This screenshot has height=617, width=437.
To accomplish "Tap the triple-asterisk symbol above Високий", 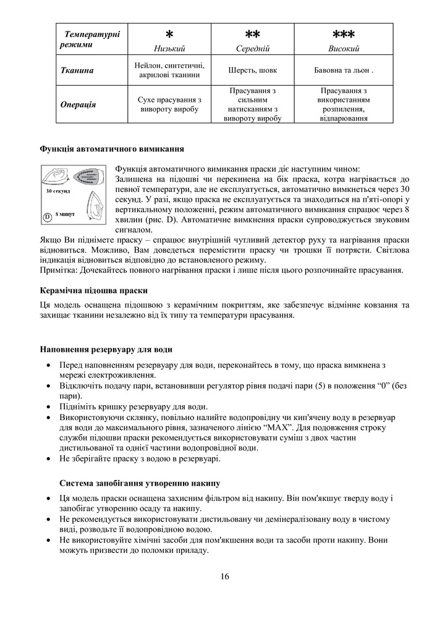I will (344, 35).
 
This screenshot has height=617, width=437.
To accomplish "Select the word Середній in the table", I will (253, 48).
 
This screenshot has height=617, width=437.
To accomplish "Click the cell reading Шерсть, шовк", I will (253, 70).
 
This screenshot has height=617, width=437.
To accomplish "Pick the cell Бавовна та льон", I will (344, 70).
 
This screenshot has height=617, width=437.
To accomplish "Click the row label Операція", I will (78, 104).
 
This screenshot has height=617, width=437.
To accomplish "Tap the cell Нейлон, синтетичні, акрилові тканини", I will (169, 70).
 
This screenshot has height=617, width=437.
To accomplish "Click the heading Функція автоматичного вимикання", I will (112, 149).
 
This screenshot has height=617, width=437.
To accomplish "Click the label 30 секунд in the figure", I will (58, 192).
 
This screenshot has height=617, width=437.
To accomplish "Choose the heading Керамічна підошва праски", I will (94, 290).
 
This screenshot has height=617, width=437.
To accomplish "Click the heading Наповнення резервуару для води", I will (106, 350).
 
